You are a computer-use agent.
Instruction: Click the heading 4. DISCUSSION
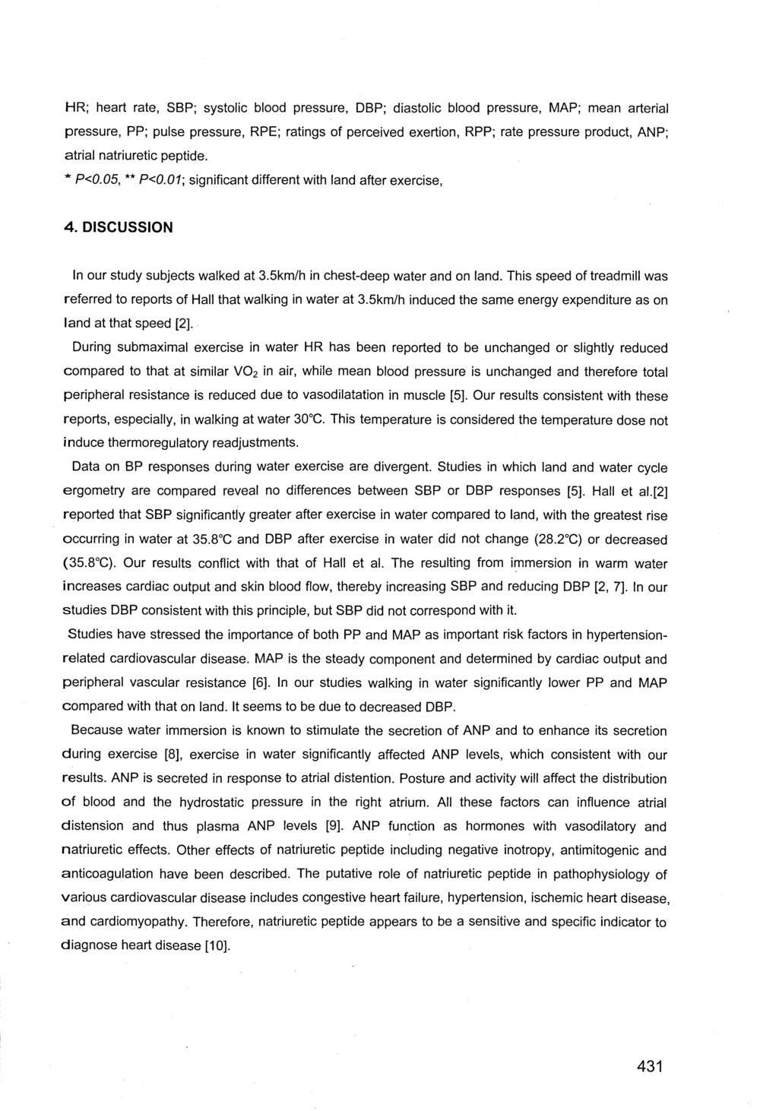pyautogui.click(x=117, y=227)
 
